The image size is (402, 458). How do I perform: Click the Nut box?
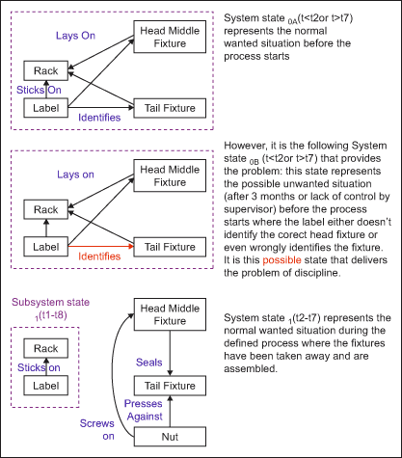pos(170,437)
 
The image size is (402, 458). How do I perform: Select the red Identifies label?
pos(99,256)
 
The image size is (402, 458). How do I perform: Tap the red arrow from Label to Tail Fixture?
pos(101,247)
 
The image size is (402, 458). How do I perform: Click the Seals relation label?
pos(148,363)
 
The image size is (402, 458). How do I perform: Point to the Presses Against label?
pos(144,410)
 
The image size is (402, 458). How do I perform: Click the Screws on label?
pos(97,430)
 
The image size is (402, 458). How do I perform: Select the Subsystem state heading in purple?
pos(50,309)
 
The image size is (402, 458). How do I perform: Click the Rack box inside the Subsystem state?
pos(46,348)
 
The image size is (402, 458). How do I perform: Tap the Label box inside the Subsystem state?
pos(46,386)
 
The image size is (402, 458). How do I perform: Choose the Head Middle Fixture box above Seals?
pos(170,314)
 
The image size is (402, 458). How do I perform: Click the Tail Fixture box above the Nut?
pos(170,386)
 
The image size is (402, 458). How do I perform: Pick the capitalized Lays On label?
pos(75,36)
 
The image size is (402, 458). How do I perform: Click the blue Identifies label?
pos(99,118)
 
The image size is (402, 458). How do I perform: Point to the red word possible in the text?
pos(281,260)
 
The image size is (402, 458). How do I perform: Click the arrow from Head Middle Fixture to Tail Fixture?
pos(170,353)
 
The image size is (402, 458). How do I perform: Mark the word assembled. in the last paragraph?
pos(251,368)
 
